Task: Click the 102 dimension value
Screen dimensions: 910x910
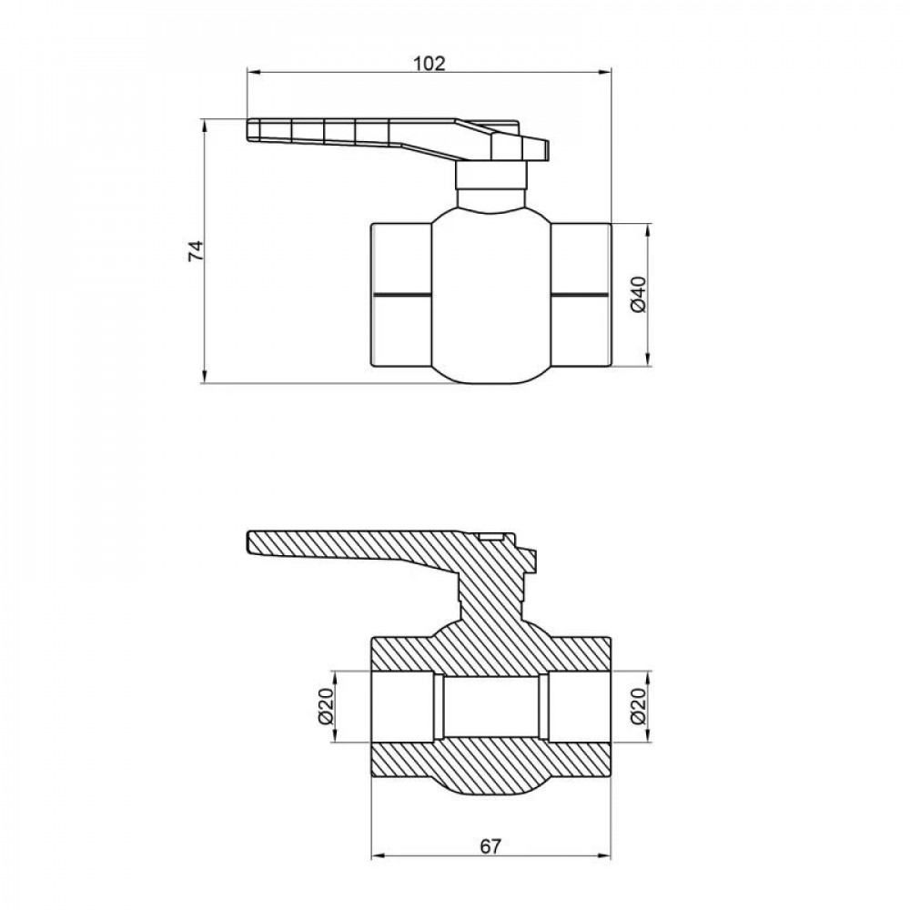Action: (430, 63)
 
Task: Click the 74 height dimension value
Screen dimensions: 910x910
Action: (194, 252)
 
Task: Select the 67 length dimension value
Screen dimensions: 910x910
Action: (490, 846)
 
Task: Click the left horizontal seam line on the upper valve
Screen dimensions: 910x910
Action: (400, 295)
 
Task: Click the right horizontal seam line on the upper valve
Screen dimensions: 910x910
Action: (580, 295)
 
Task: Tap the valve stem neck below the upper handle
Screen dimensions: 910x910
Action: (491, 189)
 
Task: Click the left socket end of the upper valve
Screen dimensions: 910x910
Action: (400, 264)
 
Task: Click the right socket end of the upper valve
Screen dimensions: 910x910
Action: (581, 264)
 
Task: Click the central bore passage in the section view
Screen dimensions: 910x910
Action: (490, 706)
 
